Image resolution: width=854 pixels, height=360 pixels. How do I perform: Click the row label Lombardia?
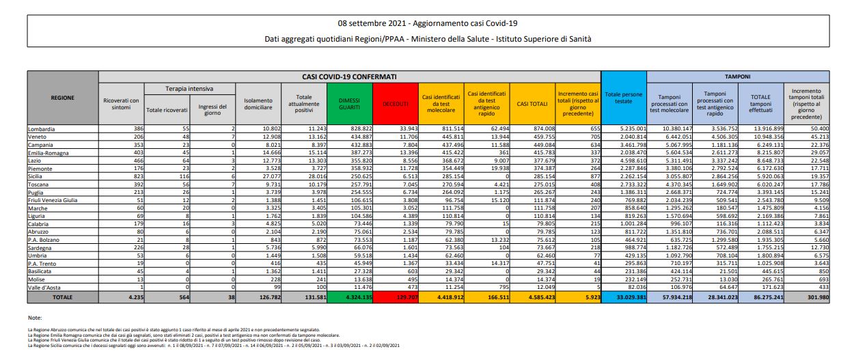point(42,128)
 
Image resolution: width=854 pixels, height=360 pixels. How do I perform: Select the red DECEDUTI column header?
point(394,104)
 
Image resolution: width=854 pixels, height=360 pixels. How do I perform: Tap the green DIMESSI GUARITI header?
point(349,104)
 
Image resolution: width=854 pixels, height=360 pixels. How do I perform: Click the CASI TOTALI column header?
point(531,104)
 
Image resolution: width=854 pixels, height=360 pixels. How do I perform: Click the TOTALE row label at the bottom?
point(63,298)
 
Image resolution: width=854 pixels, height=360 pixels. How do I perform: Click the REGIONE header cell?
point(63,97)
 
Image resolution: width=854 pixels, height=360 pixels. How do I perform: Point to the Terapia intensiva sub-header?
point(189,89)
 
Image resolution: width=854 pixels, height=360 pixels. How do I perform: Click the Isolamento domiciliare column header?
point(258,104)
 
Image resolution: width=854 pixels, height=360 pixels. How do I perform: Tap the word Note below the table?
point(35,318)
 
